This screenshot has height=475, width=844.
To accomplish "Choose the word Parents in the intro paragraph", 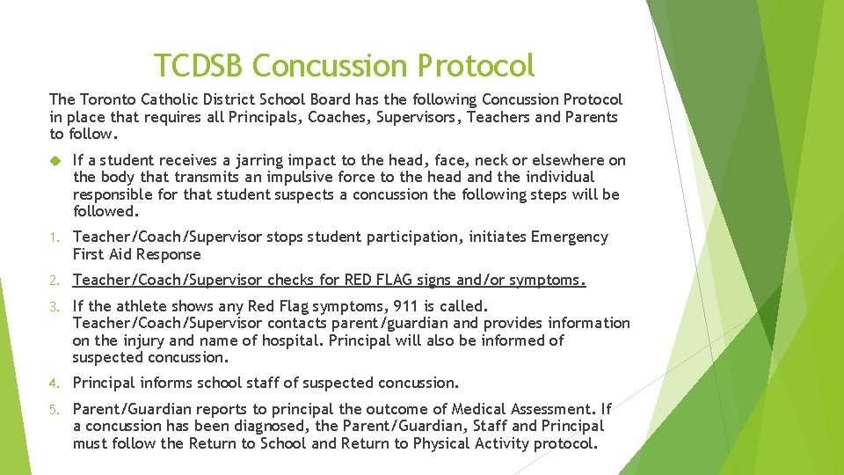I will click(591, 117).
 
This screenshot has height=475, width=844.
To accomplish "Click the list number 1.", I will click(53, 237).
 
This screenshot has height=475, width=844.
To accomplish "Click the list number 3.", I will click(53, 306).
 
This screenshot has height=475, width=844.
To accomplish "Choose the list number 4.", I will click(53, 384).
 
